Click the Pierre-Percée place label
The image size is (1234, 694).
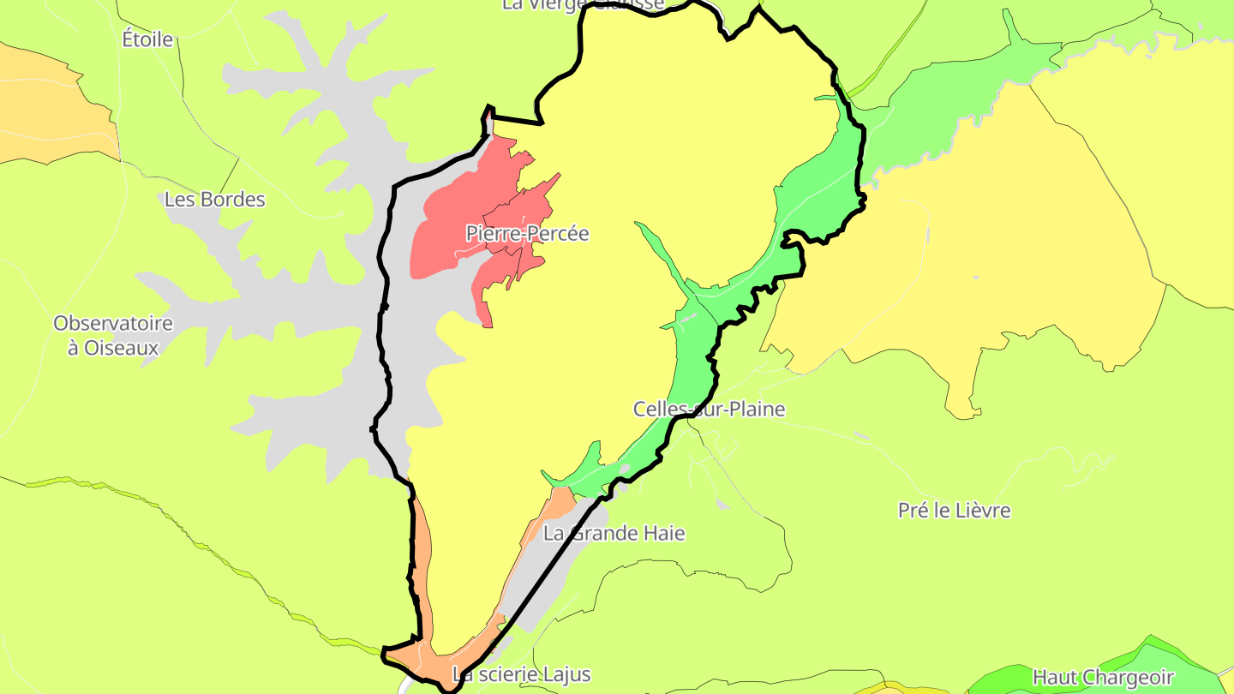[x=527, y=233]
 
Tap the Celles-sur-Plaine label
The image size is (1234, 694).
[x=709, y=410]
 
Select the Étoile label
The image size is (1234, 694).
[x=147, y=39]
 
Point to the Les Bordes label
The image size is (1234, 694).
[x=214, y=200]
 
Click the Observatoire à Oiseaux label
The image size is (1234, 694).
[x=113, y=336]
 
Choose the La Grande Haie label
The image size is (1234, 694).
[x=614, y=534]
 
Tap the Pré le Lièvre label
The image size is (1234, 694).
[x=954, y=511]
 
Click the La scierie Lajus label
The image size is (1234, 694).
[x=521, y=674]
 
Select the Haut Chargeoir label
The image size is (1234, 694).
[x=1102, y=678]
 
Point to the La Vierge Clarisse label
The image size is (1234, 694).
[x=583, y=4]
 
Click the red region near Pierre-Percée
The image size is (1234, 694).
[x=446, y=231]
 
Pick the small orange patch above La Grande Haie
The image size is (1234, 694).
[x=560, y=501]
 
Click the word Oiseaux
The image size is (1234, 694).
[x=125, y=348]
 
